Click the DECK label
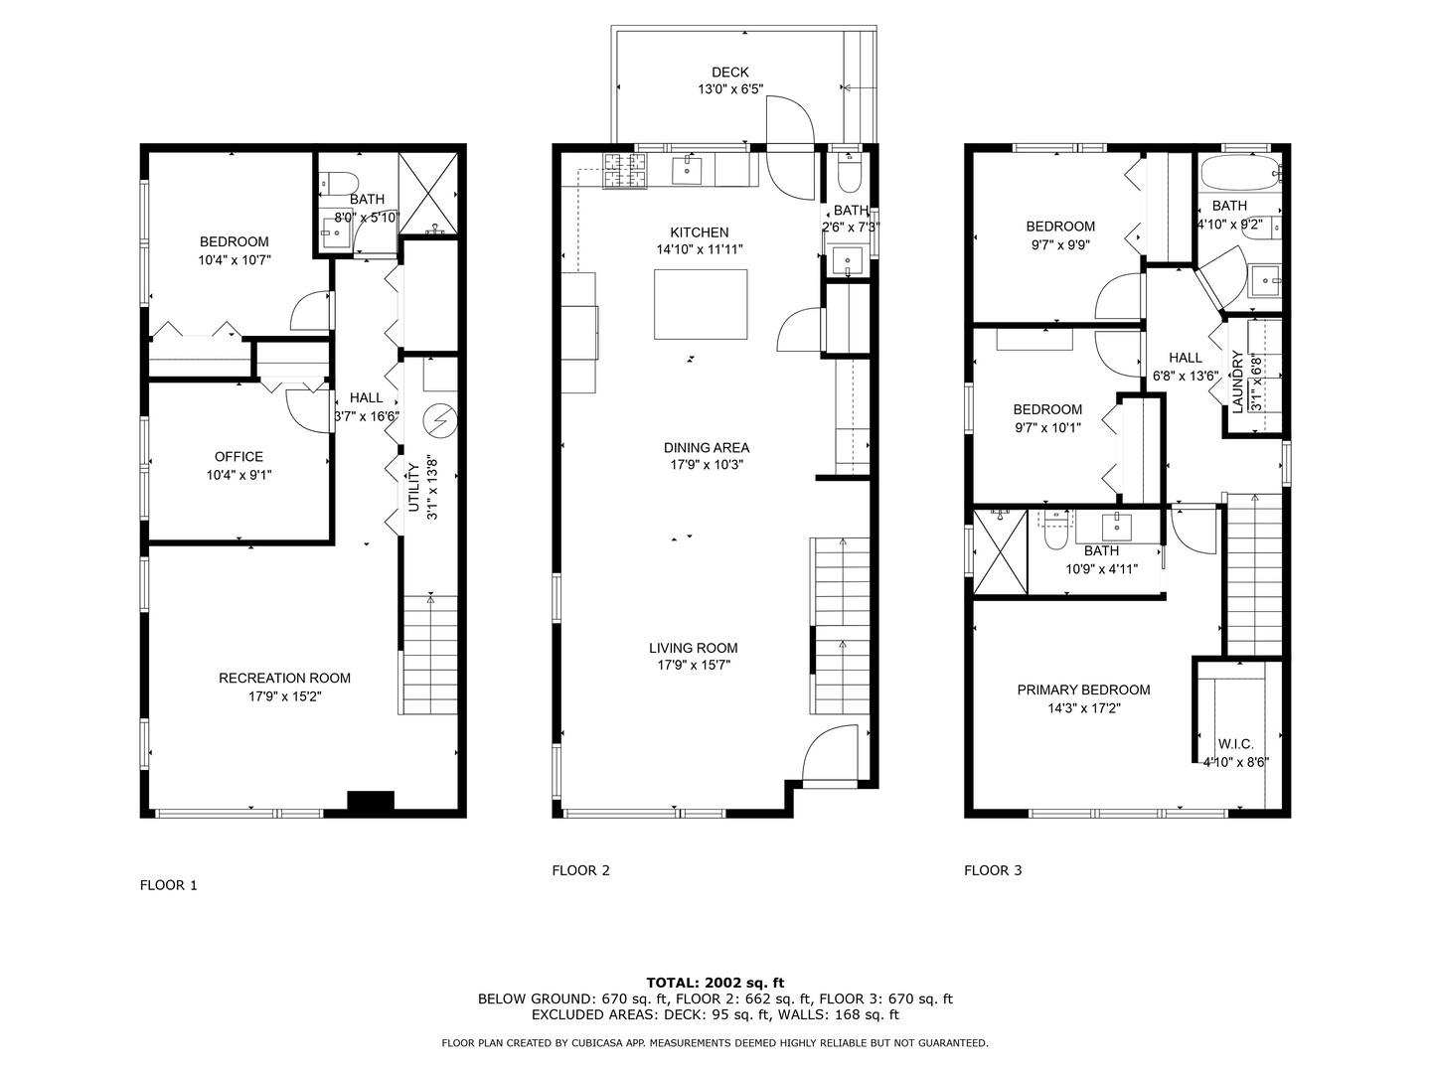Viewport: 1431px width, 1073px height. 729,73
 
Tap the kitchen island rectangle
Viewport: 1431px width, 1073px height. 701,304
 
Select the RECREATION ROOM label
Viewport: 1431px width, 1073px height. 284,679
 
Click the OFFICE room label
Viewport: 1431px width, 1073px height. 238,457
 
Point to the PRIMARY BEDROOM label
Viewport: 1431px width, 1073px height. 1083,690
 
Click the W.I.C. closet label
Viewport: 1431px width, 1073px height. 1235,744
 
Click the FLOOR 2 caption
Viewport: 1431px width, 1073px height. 580,870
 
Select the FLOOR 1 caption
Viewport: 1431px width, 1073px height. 168,884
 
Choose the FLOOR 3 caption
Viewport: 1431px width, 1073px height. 993,870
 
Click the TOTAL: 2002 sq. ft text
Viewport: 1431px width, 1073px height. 715,983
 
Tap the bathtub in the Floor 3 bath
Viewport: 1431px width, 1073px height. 1241,173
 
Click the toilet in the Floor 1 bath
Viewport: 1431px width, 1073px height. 339,183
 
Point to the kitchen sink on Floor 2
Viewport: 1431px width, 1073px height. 687,170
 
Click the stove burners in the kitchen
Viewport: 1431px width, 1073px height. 624,171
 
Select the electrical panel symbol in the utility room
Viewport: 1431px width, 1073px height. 439,421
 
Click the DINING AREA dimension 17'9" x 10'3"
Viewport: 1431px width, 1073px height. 707,465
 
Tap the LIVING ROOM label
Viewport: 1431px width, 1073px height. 693,648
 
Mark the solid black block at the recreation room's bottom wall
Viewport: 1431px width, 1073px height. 371,802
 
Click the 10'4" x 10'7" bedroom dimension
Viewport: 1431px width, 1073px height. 235,260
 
